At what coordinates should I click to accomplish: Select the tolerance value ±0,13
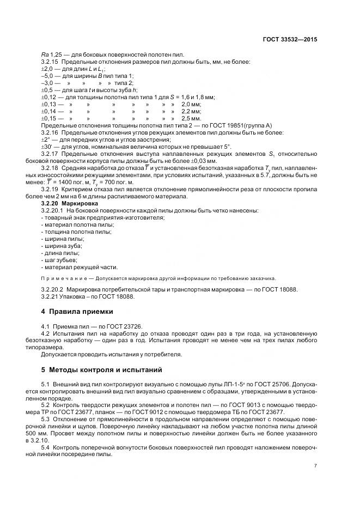[48, 104]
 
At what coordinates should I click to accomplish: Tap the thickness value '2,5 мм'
[191, 118]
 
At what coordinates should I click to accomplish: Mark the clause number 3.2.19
[51, 189]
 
